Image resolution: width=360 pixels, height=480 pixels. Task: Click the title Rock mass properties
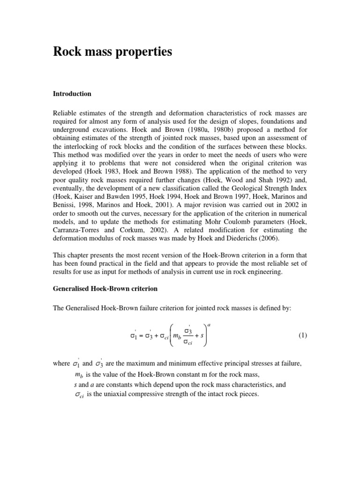[x=112, y=52]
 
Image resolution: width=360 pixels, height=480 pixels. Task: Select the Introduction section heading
[x=72, y=94]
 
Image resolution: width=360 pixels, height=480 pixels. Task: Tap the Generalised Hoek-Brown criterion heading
[x=105, y=289]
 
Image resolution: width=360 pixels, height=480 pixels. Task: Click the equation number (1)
[x=302, y=336]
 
